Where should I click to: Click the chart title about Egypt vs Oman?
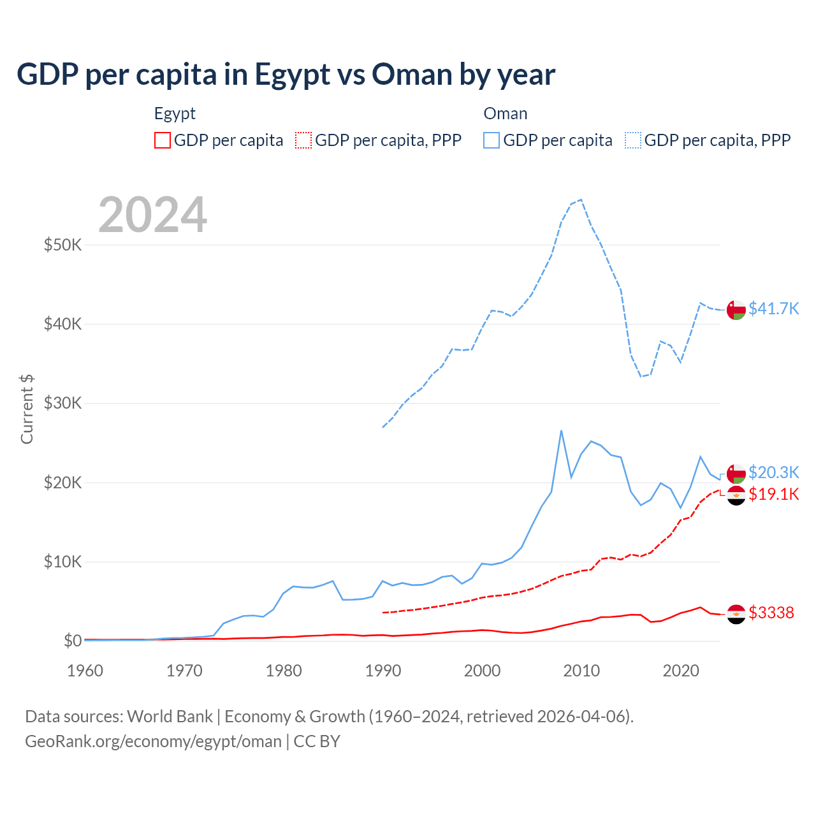[x=286, y=75]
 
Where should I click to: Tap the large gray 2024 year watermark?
[x=153, y=215]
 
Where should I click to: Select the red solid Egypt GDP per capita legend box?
[x=163, y=140]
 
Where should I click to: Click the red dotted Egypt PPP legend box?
[x=303, y=140]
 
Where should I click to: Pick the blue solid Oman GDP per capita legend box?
[x=492, y=140]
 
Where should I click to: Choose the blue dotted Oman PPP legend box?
[x=633, y=140]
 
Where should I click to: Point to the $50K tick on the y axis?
[x=62, y=245]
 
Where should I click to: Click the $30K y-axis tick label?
[x=62, y=403]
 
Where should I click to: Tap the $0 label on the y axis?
[x=73, y=641]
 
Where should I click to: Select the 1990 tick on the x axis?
[x=383, y=671]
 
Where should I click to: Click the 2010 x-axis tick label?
[x=581, y=671]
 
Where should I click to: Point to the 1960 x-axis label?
[x=85, y=671]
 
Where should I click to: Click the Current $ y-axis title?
[x=27, y=409]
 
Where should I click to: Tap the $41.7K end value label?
[x=773, y=309]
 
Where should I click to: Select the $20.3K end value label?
[x=773, y=472]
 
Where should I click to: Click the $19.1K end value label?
[x=773, y=494]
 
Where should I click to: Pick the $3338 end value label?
[x=771, y=613]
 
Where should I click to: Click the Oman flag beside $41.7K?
[x=736, y=310]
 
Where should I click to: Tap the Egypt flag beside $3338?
[x=736, y=614]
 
